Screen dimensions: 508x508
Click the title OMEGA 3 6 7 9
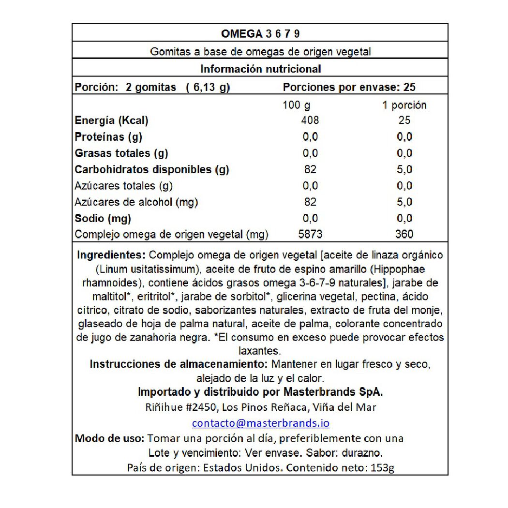pos(260,33)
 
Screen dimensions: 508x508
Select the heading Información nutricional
pos(260,69)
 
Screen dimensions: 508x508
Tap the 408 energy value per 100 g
pos(310,120)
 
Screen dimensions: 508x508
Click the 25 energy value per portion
pos(404,120)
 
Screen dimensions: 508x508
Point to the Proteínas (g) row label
pos(108,137)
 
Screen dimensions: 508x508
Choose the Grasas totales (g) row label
pos(121,153)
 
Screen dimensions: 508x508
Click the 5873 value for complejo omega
pos(310,235)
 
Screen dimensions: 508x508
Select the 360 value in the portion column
pos(404,235)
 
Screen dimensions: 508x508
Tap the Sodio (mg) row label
pos(103,218)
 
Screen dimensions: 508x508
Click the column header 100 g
pos(297,105)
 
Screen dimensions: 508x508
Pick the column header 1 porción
pos(404,105)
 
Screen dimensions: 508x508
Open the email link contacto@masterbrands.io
pos(260,423)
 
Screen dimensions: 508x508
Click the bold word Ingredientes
pos(111,255)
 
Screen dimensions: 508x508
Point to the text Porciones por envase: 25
pos(349,88)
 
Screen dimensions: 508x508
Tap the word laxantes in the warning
pos(260,350)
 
